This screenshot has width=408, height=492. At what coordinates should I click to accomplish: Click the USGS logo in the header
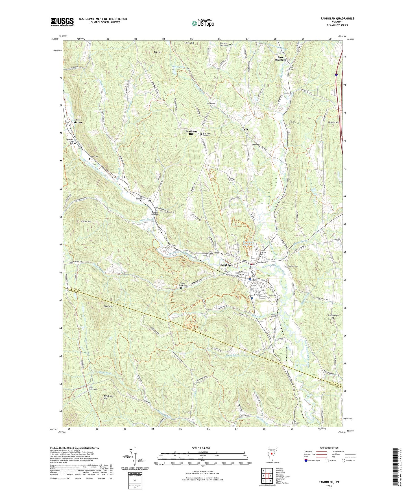pyautogui.click(x=62, y=21)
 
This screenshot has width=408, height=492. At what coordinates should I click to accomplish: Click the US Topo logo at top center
pyautogui.click(x=202, y=23)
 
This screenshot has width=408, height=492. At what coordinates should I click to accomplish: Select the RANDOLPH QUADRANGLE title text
pyautogui.click(x=337, y=19)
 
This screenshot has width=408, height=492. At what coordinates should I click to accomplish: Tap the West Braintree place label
pyautogui.click(x=76, y=121)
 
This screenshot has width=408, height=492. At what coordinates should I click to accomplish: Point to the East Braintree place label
pyautogui.click(x=280, y=58)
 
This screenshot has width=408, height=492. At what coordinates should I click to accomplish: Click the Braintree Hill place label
pyautogui.click(x=191, y=133)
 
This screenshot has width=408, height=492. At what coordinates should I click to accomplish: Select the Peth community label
pyautogui.click(x=245, y=129)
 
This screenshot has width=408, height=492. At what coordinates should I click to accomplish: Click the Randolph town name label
pyautogui.click(x=226, y=265)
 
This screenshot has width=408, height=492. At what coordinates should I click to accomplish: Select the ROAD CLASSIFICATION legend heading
pyautogui.click(x=329, y=448)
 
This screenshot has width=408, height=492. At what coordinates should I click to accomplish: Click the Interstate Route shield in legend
pyautogui.click(x=306, y=461)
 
